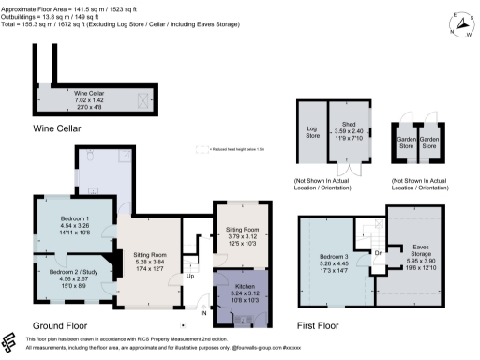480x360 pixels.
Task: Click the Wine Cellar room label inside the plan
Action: point(89,97)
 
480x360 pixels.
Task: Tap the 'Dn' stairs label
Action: point(379,254)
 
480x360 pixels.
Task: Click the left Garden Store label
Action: point(408,142)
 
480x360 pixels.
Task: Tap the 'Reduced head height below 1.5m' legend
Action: point(233,149)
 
